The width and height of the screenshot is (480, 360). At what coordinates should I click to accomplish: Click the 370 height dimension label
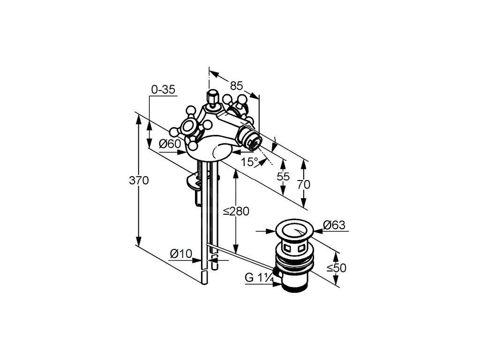click(x=139, y=180)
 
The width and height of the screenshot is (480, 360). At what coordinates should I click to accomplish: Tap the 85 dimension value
click(x=237, y=85)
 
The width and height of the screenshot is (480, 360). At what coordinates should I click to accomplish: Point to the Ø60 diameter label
click(x=170, y=144)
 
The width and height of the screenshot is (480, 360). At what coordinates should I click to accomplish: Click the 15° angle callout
click(x=250, y=162)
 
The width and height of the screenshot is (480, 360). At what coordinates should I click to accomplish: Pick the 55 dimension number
click(x=283, y=177)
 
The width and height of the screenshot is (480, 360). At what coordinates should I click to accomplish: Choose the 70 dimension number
click(x=304, y=184)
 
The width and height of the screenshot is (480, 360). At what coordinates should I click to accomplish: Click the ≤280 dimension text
click(x=236, y=211)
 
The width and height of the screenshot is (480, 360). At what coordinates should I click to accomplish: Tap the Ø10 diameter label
click(x=181, y=254)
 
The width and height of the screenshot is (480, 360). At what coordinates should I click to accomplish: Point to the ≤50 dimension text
click(x=336, y=268)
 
